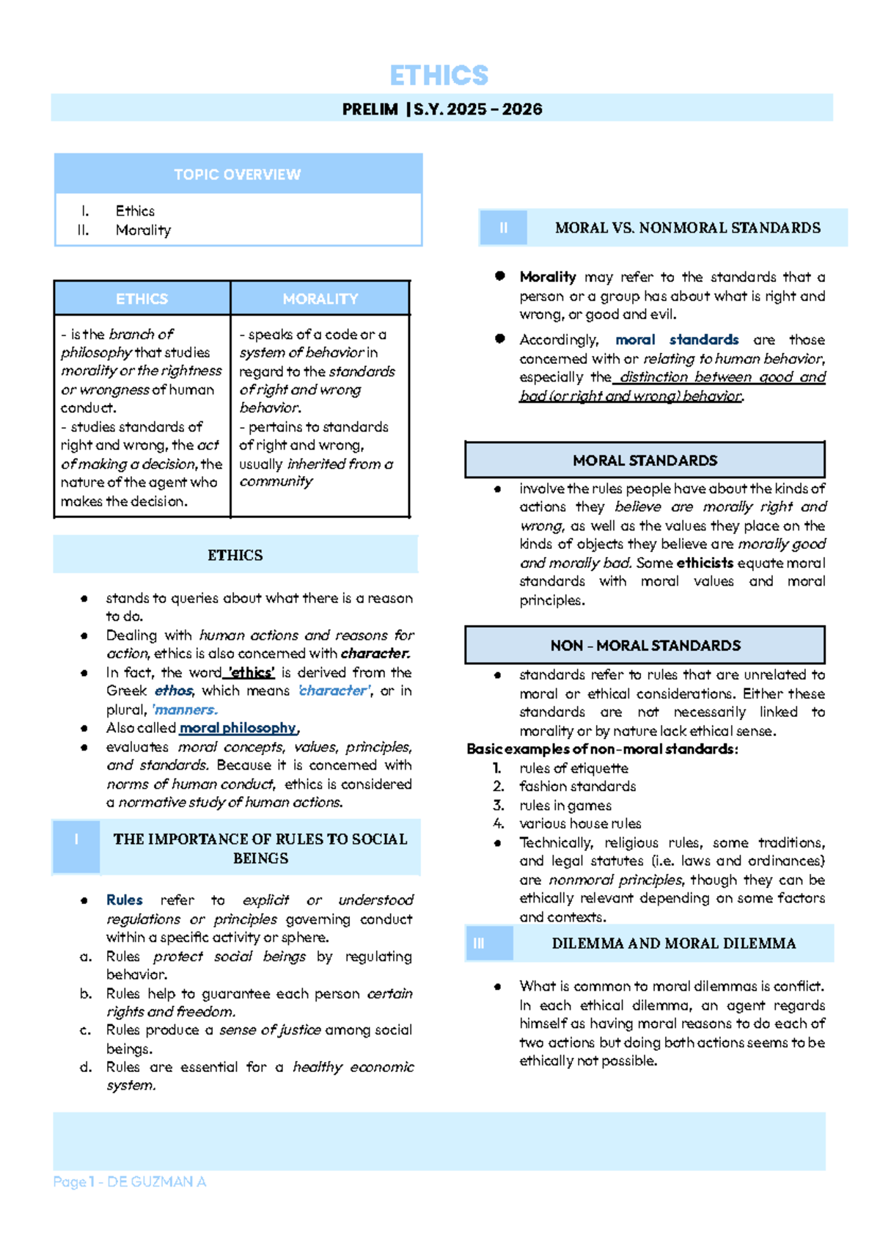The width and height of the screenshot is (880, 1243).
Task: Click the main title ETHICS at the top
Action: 439,76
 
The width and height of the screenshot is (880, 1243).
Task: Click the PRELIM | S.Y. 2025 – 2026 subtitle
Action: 442,109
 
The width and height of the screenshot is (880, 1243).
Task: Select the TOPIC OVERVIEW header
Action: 237,175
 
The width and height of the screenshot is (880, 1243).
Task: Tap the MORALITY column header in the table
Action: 320,299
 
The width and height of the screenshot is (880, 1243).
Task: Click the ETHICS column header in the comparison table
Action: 142,299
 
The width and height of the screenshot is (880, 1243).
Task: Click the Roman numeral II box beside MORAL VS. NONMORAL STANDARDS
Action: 503,228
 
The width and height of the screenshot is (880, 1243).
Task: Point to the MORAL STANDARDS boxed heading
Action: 645,461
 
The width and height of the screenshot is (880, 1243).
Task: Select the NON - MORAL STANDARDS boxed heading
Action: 645,646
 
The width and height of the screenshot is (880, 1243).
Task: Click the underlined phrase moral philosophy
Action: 238,728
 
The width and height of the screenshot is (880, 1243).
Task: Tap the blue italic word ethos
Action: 174,690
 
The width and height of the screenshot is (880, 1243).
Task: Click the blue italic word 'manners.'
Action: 184,710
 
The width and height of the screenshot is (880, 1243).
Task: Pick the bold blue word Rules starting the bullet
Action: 125,900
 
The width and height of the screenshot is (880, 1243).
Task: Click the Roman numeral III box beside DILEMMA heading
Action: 479,944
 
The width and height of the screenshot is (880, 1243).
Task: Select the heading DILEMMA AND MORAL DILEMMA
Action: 673,944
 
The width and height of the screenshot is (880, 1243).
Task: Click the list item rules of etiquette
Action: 573,768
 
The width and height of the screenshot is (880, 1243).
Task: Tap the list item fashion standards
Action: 577,787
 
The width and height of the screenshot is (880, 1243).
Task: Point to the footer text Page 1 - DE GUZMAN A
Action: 130,1182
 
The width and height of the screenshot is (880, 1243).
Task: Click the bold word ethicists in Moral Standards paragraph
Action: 704,563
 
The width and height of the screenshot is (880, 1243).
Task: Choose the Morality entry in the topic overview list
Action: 143,230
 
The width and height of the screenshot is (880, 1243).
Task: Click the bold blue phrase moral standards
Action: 676,340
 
